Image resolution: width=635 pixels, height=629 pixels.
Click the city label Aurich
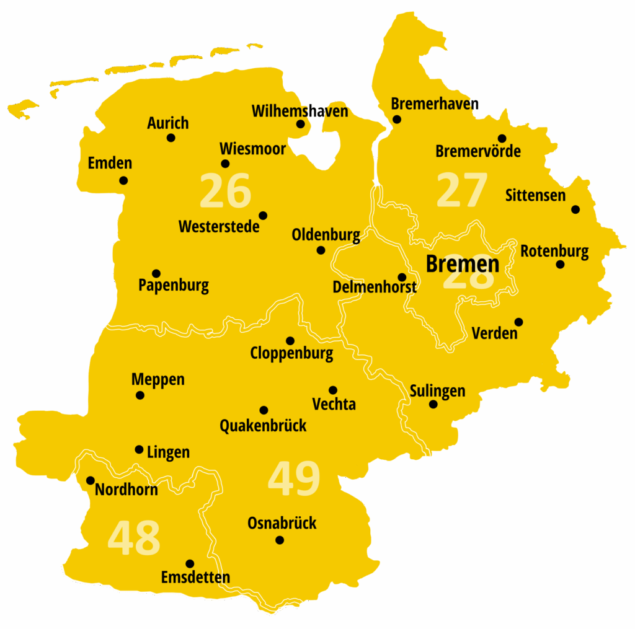coord(167,123)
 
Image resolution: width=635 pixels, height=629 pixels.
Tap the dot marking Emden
coord(123,180)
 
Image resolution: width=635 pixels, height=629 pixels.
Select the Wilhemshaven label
coord(300,112)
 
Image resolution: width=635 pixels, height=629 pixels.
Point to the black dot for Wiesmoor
coord(225,164)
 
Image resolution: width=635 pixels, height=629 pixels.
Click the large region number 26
coord(226,191)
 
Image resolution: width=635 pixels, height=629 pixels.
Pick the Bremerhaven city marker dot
coord(397,120)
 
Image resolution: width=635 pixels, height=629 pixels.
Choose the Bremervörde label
coord(477,151)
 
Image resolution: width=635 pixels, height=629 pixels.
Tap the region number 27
coord(462,191)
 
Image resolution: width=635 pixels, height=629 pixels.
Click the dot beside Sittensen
coord(575,209)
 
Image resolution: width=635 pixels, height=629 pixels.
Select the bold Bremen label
coord(462,264)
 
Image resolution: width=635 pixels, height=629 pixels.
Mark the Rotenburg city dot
coord(560,265)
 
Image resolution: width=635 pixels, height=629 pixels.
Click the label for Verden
coord(494,333)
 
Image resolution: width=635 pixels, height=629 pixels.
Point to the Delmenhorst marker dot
coord(402,277)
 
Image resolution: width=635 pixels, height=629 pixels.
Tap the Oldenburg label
coord(326,235)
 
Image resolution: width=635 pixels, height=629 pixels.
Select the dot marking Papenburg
coord(156,273)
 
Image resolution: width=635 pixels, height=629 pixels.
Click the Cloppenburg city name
coord(291,354)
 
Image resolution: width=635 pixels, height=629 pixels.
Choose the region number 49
coord(294,479)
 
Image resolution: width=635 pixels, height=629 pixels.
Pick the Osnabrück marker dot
coord(280,540)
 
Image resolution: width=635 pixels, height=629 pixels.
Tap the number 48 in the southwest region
coord(134,538)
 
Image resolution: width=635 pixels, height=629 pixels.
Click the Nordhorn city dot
coord(91,480)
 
